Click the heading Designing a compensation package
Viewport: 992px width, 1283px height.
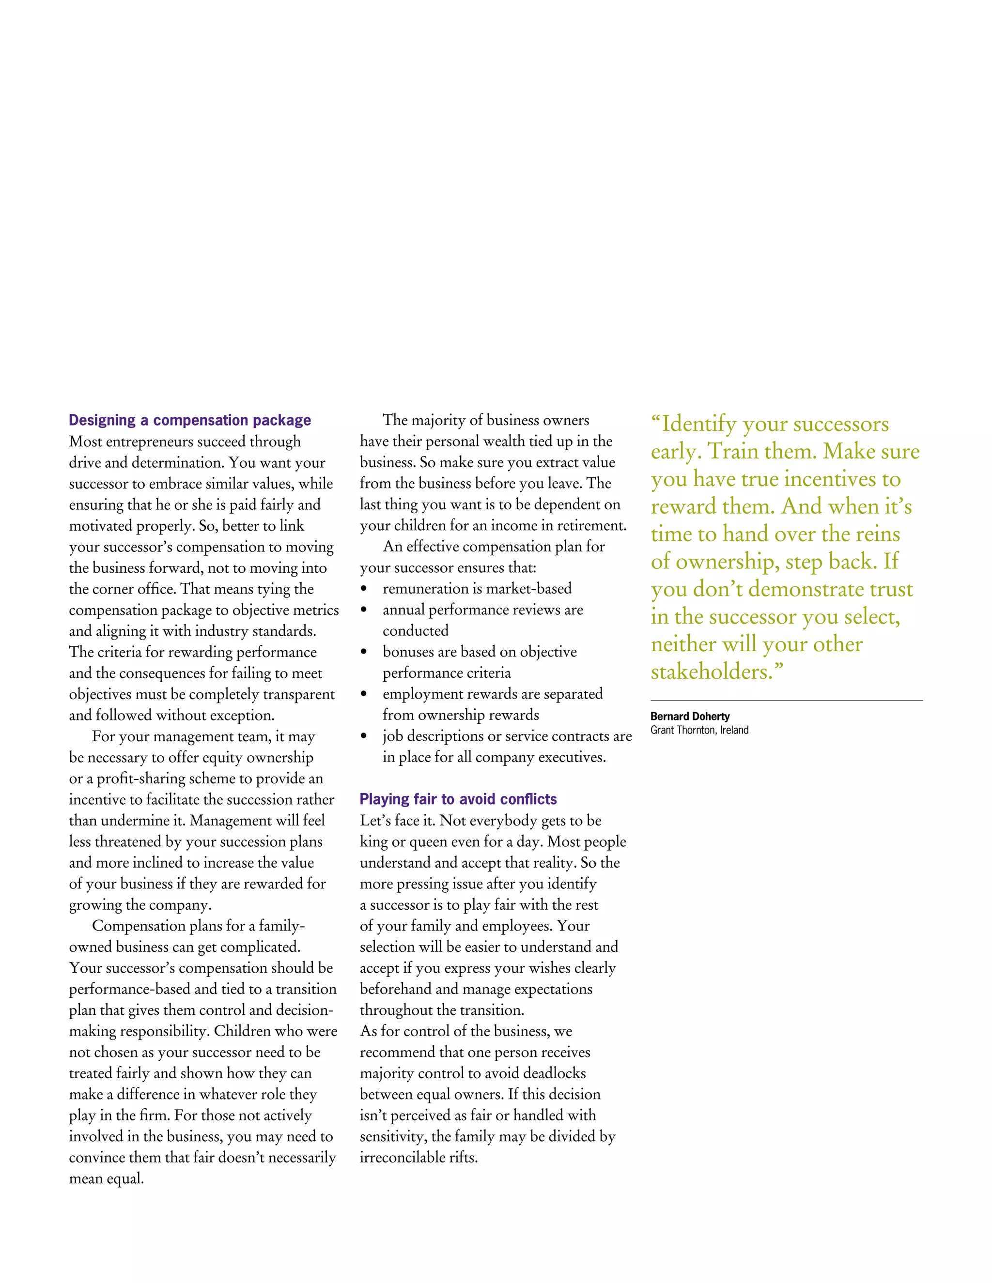click(x=190, y=420)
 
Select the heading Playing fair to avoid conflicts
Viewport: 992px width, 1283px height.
click(x=458, y=799)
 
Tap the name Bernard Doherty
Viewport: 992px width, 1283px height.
click(x=690, y=716)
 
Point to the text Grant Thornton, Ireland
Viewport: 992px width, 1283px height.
click(x=699, y=730)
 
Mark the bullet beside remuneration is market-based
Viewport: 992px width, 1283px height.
click(x=364, y=589)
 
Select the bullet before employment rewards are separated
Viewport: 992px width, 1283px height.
click(x=364, y=694)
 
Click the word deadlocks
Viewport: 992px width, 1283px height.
click(x=554, y=1073)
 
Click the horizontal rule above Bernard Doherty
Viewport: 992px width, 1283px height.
click(x=786, y=700)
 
